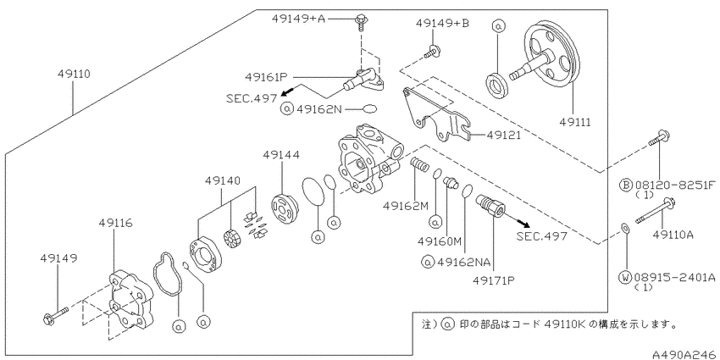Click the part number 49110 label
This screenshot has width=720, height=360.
75,74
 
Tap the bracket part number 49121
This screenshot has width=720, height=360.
503,135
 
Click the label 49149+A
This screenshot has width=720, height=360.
298,19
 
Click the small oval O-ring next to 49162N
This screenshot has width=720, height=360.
370,109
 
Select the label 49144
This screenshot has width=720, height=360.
281,155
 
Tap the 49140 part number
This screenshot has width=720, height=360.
223,180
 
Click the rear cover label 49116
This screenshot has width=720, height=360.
116,223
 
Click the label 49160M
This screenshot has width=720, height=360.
440,241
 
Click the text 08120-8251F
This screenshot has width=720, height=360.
675,185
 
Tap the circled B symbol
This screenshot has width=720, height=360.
625,185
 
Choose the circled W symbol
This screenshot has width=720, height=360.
625,277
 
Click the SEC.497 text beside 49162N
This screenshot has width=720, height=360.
252,97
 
